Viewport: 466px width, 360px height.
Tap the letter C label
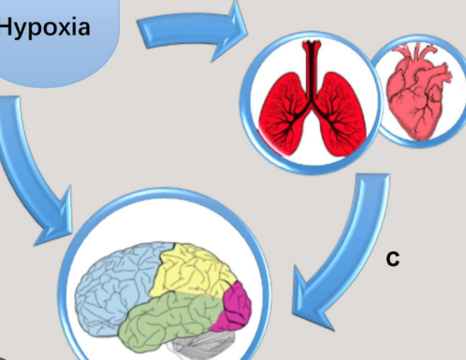pyautogui.click(x=393, y=259)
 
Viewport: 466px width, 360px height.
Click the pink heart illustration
pyautogui.click(x=418, y=91)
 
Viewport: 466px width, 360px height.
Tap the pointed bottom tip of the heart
pyautogui.click(x=418, y=139)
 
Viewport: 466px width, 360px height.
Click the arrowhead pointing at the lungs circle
pyautogui.click(x=230, y=30)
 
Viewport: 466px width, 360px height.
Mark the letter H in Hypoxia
pyautogui.click(x=6, y=26)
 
